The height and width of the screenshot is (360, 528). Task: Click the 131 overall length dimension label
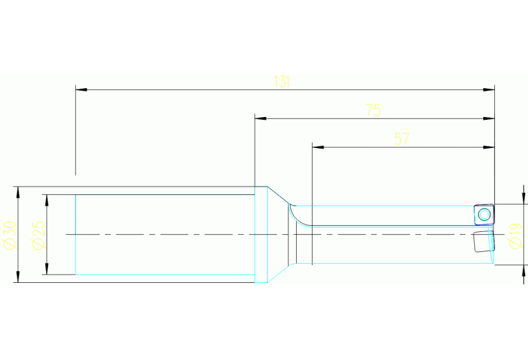point(282,81)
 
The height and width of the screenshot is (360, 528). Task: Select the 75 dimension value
point(373,110)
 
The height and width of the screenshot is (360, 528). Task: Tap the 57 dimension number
point(402,139)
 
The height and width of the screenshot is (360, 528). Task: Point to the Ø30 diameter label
point(10,235)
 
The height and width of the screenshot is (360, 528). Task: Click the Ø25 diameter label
point(38,235)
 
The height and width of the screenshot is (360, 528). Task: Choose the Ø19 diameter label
point(516,235)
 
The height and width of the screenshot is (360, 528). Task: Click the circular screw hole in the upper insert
point(484,214)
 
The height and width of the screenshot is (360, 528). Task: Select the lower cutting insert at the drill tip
point(484,241)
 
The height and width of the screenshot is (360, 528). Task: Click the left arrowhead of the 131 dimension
point(81,90)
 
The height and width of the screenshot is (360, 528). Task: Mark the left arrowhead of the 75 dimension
point(261,118)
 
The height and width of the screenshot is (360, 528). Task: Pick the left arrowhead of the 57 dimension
point(318,147)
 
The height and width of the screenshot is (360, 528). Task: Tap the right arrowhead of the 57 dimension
point(489,147)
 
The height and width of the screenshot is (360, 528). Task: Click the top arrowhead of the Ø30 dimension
point(18,192)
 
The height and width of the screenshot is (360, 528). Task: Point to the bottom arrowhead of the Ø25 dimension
point(47,268)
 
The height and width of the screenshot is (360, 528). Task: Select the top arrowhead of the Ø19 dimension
point(523,198)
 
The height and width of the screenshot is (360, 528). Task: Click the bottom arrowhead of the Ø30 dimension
point(18,277)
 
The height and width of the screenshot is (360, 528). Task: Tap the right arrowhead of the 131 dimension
point(489,90)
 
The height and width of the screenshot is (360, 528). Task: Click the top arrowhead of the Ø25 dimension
point(47,200)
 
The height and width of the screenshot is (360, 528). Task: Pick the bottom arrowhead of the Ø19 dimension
point(523,271)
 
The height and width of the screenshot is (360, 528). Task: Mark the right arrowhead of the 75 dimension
point(489,118)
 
